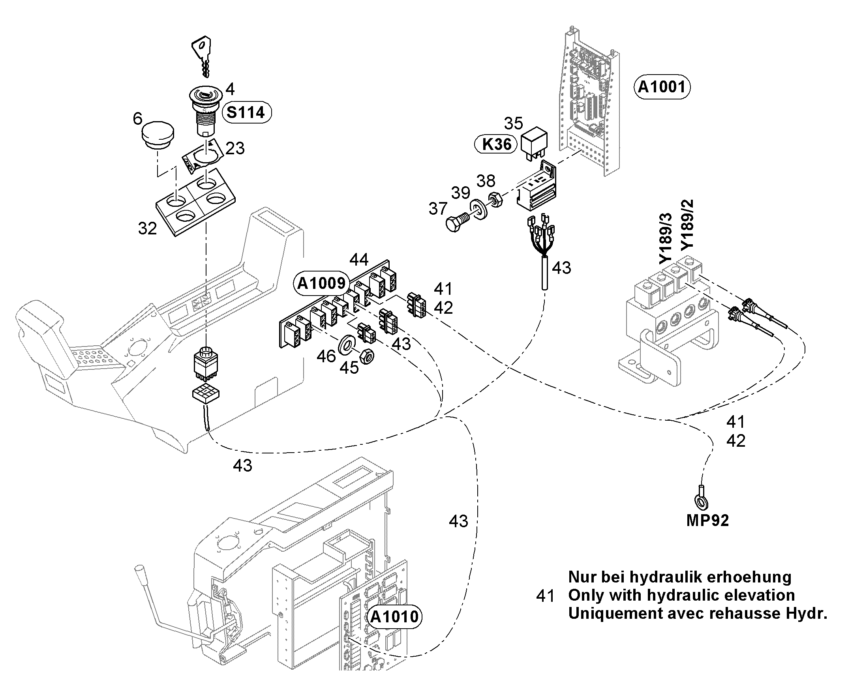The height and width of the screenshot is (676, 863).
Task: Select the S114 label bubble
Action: coord(246,112)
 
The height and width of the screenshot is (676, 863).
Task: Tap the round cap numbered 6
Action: coord(158,135)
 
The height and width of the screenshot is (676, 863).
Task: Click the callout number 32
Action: coord(148,228)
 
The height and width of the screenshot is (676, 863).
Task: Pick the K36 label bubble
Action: coord(496,144)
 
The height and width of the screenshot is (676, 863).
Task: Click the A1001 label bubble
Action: coord(662,87)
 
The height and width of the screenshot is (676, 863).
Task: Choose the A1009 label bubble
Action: coord(321,283)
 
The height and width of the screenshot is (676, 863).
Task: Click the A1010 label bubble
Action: coord(394,617)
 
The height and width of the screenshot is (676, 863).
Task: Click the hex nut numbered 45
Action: coord(367,356)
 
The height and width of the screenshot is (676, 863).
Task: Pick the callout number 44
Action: coord(359,260)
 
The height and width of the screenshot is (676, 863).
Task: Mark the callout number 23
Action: coord(235,148)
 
